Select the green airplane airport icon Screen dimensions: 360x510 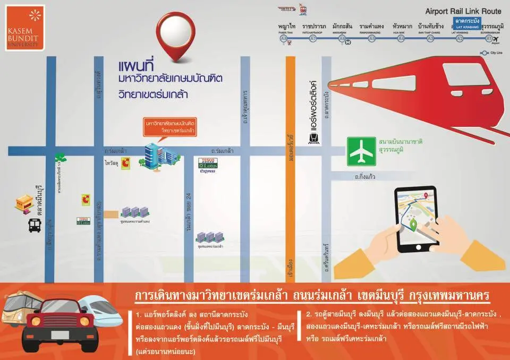[361, 151]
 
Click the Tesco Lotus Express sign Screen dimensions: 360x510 [208, 165]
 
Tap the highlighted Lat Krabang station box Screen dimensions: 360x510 [467, 23]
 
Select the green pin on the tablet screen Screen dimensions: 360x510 [413, 226]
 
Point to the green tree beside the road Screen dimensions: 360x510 [61, 157]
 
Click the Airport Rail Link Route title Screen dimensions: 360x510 [463, 11]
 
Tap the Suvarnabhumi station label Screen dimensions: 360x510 [491, 28]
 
